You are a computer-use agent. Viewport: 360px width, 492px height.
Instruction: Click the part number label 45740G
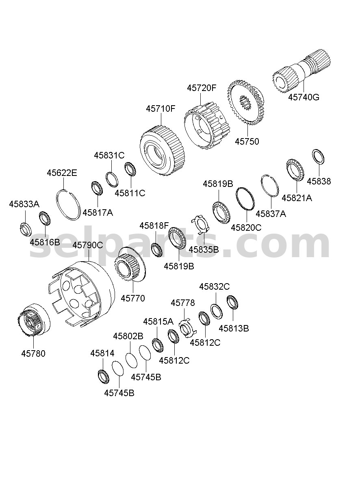(x=304, y=97)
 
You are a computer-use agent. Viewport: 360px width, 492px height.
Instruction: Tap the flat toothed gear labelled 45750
(x=245, y=103)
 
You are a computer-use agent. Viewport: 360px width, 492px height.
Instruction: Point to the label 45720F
(x=202, y=88)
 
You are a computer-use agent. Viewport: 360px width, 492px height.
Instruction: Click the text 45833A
(x=24, y=204)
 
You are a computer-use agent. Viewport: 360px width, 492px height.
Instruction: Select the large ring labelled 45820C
(x=245, y=199)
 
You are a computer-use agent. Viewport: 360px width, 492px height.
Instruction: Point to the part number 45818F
(x=154, y=225)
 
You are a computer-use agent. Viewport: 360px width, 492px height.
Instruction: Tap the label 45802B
(x=128, y=336)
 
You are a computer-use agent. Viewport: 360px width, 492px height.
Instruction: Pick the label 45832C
(x=215, y=286)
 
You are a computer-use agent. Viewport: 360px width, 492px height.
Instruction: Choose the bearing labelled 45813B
(x=232, y=302)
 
